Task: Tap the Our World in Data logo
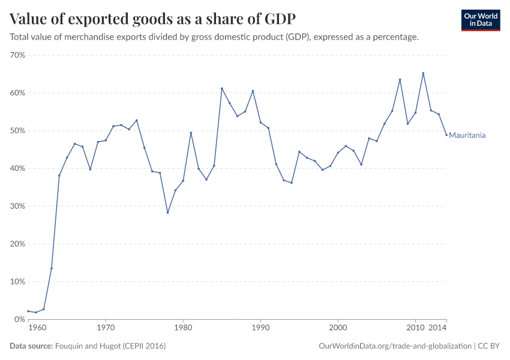tap(480, 20)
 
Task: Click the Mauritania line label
tap(467, 136)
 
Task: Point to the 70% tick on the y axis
tap(17, 55)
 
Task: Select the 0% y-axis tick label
tap(19, 319)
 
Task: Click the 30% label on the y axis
tap(17, 206)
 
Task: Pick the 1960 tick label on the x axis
tap(37, 329)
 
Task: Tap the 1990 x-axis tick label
tap(260, 329)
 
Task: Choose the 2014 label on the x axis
tap(437, 329)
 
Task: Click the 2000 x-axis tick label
tap(338, 329)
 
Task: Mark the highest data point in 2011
tap(423, 73)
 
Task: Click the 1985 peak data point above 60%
tap(221, 88)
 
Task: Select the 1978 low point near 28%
tap(167, 212)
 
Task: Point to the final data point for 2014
tap(446, 135)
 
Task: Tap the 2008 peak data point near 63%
tap(400, 80)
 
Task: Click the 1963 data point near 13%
tap(52, 268)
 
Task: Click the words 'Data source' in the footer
tap(31, 346)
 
